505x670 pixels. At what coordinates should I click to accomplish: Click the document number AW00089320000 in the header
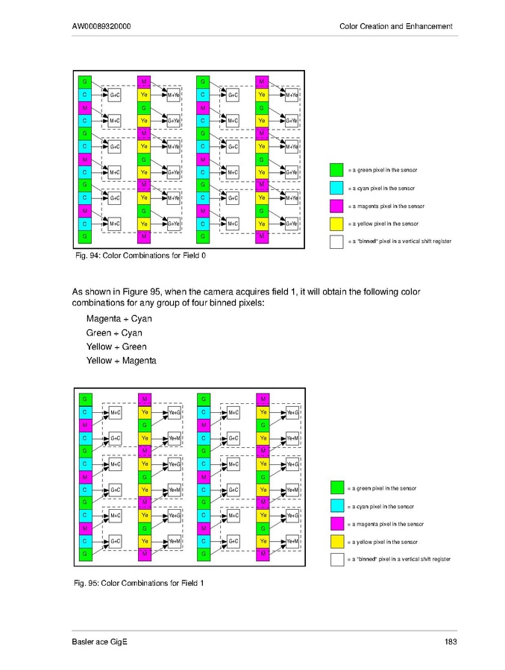[x=101, y=27]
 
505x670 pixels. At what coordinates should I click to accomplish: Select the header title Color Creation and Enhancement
[x=395, y=27]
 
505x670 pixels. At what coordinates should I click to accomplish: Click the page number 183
[x=450, y=642]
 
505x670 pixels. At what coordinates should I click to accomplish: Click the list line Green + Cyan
[x=114, y=332]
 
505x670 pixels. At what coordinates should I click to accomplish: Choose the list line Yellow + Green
[x=116, y=347]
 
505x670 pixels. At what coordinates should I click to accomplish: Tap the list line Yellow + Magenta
[x=121, y=361]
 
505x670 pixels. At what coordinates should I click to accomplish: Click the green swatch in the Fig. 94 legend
[x=336, y=170]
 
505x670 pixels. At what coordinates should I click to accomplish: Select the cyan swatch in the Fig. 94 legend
[x=336, y=188]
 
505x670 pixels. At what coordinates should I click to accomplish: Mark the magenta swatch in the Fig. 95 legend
[x=336, y=524]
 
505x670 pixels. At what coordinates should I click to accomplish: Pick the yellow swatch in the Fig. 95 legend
[x=336, y=542]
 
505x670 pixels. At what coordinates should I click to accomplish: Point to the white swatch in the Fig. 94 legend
[x=336, y=241]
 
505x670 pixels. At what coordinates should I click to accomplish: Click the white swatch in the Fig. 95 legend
[x=336, y=559]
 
